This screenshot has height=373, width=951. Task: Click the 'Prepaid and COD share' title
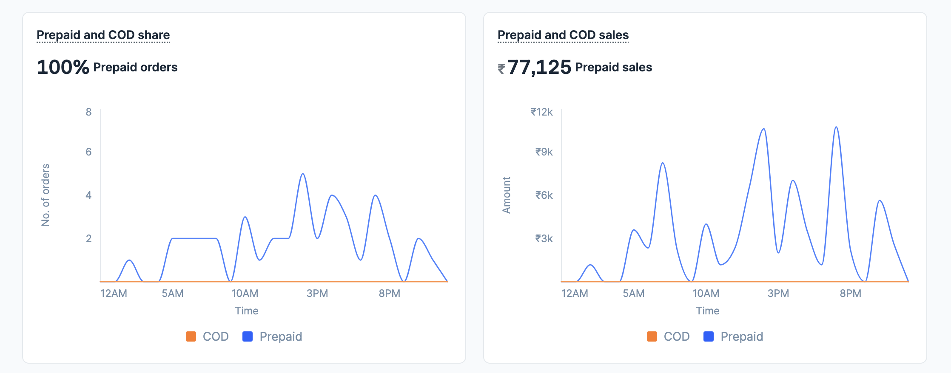(x=103, y=35)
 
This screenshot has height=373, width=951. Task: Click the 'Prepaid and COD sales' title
(x=563, y=35)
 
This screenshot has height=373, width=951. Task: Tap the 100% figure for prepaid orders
(x=63, y=67)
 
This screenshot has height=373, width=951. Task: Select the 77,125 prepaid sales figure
(x=539, y=67)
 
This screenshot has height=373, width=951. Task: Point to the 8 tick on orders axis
(x=88, y=112)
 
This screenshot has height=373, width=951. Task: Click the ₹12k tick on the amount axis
(x=541, y=112)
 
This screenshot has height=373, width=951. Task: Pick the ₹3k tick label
(x=544, y=238)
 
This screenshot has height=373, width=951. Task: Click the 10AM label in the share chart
(x=245, y=293)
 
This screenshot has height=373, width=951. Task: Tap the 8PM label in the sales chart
(x=850, y=293)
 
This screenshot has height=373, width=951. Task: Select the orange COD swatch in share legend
(x=191, y=336)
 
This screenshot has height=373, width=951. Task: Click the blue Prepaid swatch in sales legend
(x=709, y=336)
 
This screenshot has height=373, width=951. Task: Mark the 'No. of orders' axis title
(x=46, y=195)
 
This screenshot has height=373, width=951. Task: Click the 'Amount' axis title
(x=506, y=195)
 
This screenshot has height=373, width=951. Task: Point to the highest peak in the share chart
(x=303, y=174)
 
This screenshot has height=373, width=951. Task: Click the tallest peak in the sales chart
(x=836, y=127)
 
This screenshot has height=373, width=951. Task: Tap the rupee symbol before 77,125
(x=501, y=69)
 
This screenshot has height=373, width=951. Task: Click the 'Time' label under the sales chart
(x=707, y=311)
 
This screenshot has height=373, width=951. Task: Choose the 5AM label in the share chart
(x=173, y=293)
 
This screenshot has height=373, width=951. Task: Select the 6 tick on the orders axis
(x=88, y=152)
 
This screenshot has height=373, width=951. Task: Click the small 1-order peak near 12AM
(x=129, y=260)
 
